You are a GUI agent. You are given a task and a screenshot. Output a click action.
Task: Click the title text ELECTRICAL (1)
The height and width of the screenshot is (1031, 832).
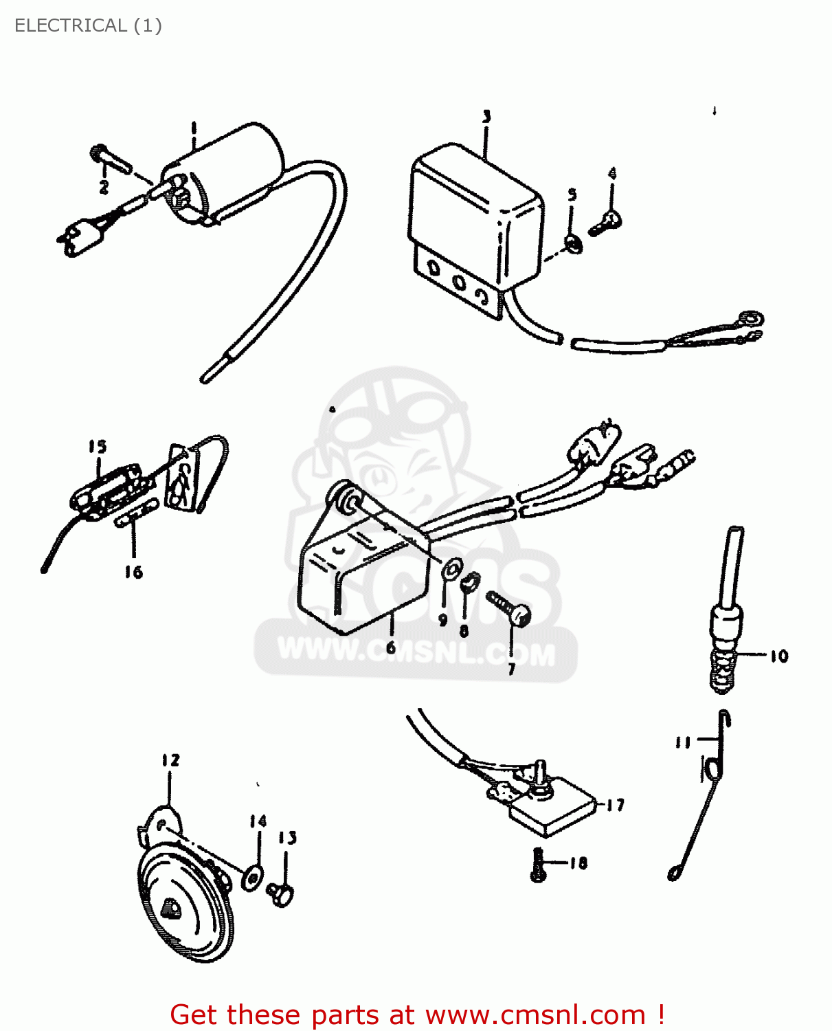(x=88, y=25)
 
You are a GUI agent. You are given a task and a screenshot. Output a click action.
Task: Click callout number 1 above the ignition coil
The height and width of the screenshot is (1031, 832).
(x=194, y=128)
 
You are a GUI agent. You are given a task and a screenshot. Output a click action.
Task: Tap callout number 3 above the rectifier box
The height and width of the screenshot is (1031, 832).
(x=486, y=117)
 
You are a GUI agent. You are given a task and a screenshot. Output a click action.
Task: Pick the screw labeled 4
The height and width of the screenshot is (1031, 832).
(x=607, y=221)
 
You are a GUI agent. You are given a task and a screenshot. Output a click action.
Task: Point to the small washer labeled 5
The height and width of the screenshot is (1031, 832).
(x=573, y=243)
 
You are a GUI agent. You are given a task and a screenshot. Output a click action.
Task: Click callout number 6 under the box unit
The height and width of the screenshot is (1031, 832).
(x=391, y=647)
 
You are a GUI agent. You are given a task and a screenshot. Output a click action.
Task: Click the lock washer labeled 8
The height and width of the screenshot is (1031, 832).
(x=469, y=583)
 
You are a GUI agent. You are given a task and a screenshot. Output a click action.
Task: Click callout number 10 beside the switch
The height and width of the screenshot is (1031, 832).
(x=778, y=656)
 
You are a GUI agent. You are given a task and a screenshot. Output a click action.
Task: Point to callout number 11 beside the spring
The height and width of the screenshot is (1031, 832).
(x=682, y=742)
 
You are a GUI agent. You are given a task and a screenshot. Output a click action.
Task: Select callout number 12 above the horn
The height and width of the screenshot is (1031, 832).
(x=170, y=760)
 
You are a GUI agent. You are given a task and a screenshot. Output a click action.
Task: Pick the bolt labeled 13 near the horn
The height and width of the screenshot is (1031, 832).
(x=282, y=894)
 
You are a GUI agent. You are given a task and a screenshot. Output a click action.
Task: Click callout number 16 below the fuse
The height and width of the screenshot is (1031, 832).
(x=133, y=572)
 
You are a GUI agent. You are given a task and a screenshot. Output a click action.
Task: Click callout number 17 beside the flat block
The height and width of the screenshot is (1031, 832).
(x=615, y=805)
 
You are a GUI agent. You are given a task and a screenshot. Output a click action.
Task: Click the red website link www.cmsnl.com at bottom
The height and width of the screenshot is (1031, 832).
(x=535, y=1015)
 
